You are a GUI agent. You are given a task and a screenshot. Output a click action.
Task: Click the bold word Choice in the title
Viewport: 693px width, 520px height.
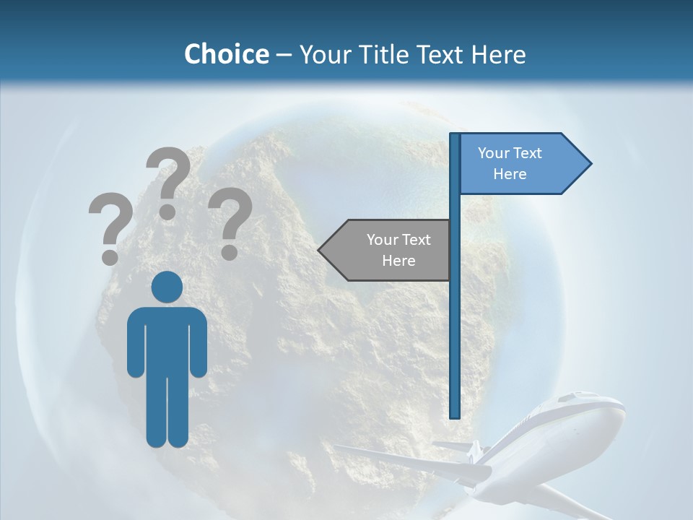point(226,54)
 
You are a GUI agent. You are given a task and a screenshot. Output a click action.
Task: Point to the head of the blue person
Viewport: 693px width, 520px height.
point(167,287)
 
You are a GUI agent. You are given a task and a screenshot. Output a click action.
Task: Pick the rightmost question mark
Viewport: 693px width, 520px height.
point(230,222)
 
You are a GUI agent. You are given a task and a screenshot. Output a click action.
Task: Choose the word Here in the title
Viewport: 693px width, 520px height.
point(499,54)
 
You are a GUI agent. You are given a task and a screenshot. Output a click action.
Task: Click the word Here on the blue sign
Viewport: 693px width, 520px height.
point(510,174)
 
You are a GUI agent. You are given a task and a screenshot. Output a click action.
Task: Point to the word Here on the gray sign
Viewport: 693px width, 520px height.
point(398,261)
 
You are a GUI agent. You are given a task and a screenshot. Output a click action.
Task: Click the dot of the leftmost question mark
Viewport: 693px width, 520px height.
point(110,256)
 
